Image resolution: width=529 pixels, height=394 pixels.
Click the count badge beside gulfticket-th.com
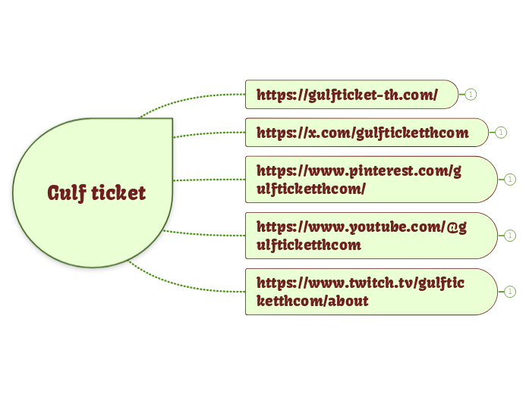pyautogui.click(x=471, y=95)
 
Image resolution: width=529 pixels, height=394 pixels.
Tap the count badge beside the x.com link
pyautogui.click(x=501, y=133)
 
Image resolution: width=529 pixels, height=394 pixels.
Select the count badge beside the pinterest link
pyautogui.click(x=510, y=180)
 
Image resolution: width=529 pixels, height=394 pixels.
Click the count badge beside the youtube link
pyautogui.click(x=510, y=236)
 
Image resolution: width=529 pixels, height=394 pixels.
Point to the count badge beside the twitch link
pyautogui.click(x=510, y=292)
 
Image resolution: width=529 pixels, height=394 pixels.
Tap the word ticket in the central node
pyautogui.click(x=118, y=192)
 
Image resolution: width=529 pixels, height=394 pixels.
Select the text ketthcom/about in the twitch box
pyautogui.click(x=313, y=301)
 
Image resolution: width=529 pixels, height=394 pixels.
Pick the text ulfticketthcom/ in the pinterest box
pyautogui.click(x=311, y=189)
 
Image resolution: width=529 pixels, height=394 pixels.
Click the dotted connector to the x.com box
pyautogui.click(x=209, y=134)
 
